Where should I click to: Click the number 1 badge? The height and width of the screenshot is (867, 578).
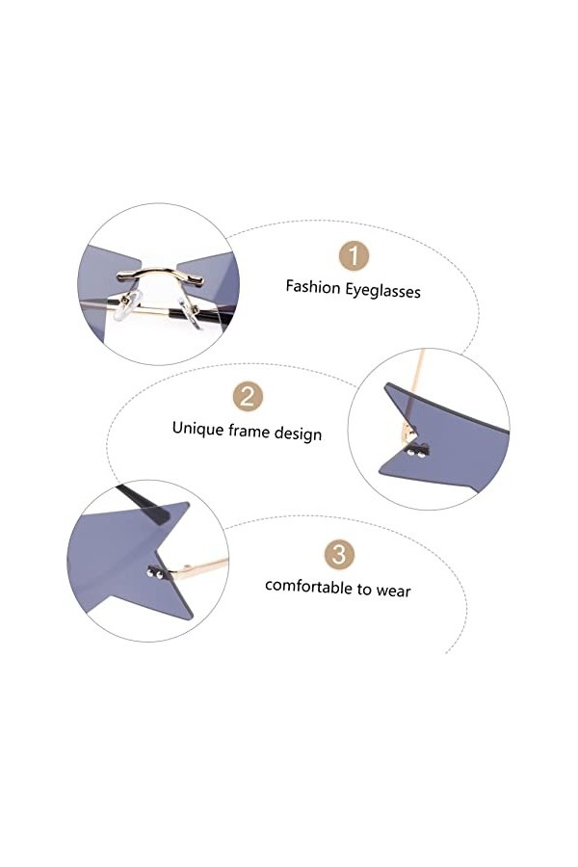click(355, 256)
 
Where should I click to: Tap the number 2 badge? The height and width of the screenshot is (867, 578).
click(248, 396)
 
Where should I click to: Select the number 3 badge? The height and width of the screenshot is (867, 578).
click(337, 554)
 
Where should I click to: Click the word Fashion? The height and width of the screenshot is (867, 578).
click(313, 286)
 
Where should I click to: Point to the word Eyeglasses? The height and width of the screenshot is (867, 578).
click(382, 289)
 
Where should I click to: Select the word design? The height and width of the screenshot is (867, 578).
click(299, 433)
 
